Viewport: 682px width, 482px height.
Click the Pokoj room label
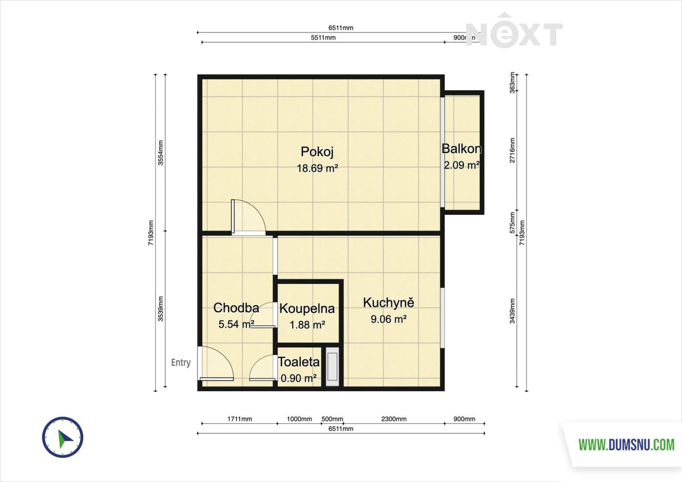317,152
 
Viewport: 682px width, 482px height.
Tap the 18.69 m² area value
317,168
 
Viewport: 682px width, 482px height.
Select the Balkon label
461,149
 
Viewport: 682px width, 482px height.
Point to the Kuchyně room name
388,303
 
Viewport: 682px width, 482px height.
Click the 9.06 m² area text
389,319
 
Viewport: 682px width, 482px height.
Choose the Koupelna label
307,308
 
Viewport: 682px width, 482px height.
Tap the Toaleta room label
299,362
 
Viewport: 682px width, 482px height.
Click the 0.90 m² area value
299,378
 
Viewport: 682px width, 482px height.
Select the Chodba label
236,308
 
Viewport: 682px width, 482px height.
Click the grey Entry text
181,363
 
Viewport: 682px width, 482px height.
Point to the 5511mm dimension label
323,37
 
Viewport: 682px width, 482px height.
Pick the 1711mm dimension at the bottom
240,419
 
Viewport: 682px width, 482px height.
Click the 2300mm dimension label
394,419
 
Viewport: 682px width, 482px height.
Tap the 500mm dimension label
332,419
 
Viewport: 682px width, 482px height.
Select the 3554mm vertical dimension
161,153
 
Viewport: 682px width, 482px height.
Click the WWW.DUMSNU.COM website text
627,445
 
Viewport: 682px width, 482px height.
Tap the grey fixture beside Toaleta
332,367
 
